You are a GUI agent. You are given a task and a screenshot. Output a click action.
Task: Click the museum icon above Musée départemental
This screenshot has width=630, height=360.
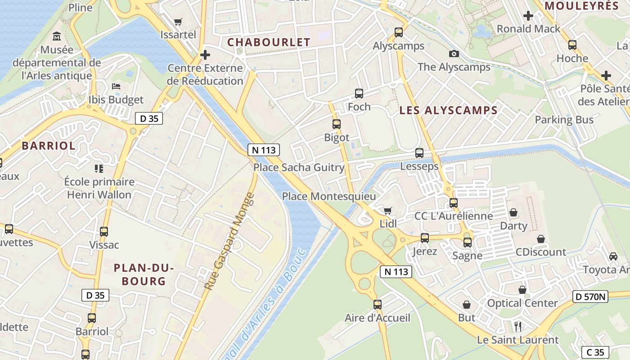(57, 36)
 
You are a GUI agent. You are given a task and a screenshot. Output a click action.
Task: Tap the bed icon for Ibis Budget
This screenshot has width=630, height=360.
(116, 86)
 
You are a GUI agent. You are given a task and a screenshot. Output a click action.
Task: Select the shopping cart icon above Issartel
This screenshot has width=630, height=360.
(178, 22)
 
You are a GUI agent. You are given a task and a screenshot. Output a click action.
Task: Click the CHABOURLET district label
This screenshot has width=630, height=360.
(269, 42)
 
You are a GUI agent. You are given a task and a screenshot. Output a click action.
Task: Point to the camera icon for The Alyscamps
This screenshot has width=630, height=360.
(454, 54)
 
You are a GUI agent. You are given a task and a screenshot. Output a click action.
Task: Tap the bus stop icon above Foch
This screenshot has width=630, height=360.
(359, 94)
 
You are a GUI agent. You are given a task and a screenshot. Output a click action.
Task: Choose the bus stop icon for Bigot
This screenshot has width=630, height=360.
(337, 124)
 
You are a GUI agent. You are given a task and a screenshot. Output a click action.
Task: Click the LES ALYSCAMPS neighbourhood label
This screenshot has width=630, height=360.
(448, 111)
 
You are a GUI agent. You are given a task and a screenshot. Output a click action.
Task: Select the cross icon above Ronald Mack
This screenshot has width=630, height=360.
(528, 16)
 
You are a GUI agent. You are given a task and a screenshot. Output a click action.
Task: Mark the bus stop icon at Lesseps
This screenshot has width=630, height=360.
(419, 153)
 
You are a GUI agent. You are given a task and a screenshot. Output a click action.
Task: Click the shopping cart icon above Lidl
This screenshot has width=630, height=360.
(387, 211)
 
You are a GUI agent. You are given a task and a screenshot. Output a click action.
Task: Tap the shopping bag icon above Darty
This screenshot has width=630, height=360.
(513, 212)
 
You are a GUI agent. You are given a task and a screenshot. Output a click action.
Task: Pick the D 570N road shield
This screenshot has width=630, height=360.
(590, 296)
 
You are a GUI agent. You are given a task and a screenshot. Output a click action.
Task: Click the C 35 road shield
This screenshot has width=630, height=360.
(595, 352)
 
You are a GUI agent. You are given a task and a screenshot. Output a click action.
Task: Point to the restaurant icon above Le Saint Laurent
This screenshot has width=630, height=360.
(518, 326)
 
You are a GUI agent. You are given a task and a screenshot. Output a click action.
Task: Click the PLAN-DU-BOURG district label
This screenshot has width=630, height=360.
(144, 274)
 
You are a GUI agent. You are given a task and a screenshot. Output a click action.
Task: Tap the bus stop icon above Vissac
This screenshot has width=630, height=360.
(104, 232)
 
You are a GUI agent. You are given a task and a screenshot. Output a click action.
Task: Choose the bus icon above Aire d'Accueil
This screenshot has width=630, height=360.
(378, 305)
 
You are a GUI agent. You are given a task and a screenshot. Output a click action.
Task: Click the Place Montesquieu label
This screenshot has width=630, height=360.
(328, 197)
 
